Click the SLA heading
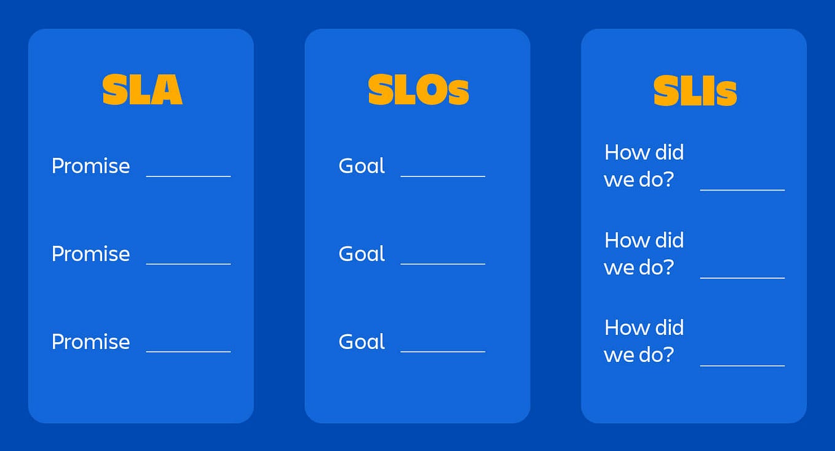(x=142, y=90)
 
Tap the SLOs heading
(x=418, y=90)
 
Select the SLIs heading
(x=695, y=90)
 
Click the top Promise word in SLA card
(x=90, y=166)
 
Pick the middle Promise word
(x=90, y=254)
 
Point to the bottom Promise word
(x=90, y=342)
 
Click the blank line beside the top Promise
(x=188, y=176)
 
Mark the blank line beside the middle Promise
(x=188, y=264)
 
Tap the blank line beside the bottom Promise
(x=188, y=351)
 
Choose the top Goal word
(x=362, y=166)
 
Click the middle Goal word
(x=362, y=254)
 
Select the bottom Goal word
(x=362, y=342)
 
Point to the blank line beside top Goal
(x=443, y=176)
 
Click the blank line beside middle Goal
(x=443, y=264)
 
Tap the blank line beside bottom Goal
(x=443, y=351)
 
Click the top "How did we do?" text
(x=644, y=166)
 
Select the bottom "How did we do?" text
(x=644, y=341)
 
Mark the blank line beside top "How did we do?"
(x=742, y=190)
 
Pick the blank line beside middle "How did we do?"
(x=742, y=278)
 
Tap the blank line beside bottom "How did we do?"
(x=742, y=366)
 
